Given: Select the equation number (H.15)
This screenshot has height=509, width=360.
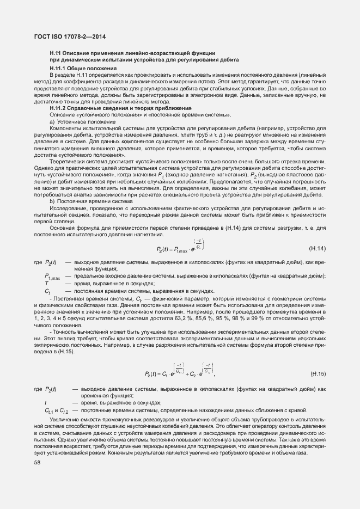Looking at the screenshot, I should coord(318,373).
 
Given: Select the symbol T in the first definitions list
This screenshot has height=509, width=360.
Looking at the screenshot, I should coord(47,284).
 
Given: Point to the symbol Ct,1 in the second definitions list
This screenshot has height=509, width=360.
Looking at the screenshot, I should coord(49,410).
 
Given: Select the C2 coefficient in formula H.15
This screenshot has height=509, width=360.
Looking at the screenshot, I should coord(191,375).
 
